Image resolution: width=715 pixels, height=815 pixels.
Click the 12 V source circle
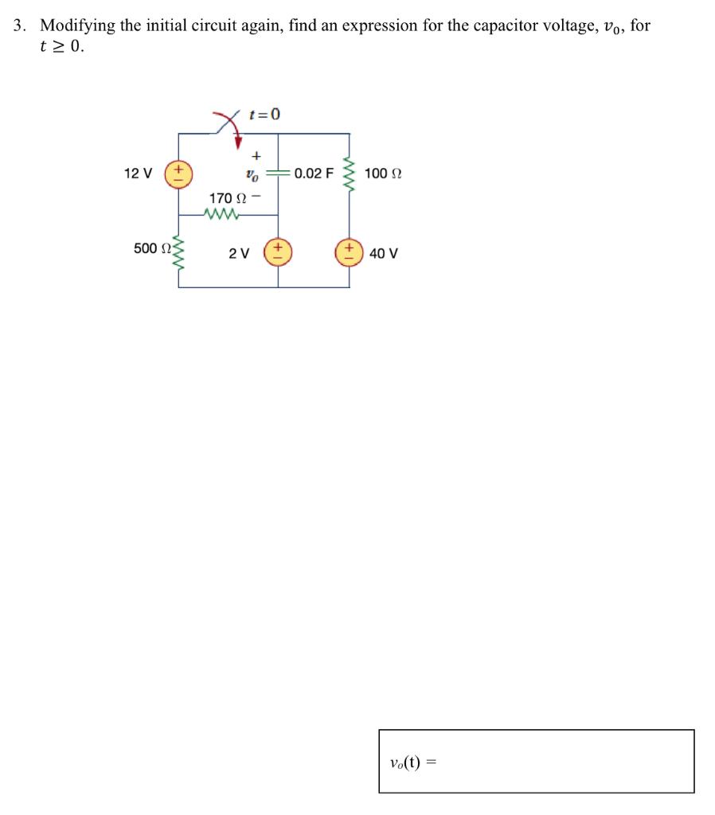178,173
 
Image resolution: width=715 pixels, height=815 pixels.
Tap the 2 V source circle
278,252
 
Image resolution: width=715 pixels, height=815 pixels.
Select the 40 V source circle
347,252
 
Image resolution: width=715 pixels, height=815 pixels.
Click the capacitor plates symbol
278,173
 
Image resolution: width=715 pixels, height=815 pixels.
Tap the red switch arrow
236,135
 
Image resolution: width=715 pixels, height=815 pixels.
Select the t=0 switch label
264,114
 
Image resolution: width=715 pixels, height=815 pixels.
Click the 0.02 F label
314,173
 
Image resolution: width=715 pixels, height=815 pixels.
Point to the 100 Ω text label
383,173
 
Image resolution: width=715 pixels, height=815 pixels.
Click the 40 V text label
384,253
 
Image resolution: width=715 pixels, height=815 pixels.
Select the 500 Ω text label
150,248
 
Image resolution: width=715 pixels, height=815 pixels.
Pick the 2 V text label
239,253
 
